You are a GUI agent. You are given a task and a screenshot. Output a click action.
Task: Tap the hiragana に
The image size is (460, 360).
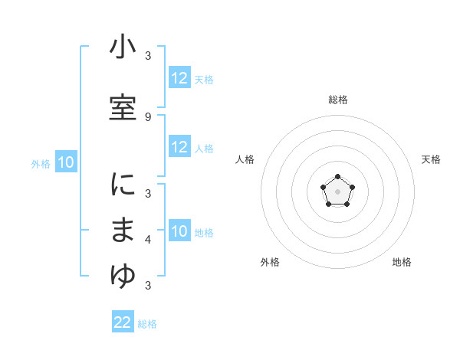[123, 185]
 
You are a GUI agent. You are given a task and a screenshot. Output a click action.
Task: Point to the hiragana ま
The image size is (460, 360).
[123, 231]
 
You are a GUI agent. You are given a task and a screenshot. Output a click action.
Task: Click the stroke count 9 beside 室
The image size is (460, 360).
[147, 116]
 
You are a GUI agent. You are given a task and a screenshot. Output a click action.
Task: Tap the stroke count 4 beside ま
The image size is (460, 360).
[147, 241]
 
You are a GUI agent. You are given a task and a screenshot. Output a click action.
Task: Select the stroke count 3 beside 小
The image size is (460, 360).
[147, 56]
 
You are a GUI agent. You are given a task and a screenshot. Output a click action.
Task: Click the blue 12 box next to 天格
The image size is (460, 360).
[179, 78]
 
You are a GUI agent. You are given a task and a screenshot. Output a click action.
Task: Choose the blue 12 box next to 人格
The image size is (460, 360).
[179, 147]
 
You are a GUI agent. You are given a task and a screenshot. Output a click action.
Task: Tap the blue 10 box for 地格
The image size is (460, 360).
[179, 231]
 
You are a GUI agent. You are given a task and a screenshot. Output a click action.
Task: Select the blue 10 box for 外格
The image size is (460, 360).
[66, 162]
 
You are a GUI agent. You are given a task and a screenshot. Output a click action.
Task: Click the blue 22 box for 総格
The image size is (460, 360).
[123, 322]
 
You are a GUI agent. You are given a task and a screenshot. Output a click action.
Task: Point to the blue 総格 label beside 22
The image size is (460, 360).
[148, 324]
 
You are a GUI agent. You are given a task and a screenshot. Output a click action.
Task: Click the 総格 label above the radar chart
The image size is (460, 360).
[337, 100]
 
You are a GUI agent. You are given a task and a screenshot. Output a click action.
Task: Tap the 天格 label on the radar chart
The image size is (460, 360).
[431, 159]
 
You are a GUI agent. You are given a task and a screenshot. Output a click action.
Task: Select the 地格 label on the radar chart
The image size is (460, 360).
[402, 262]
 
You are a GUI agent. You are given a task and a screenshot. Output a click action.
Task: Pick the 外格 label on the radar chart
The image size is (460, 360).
[270, 262]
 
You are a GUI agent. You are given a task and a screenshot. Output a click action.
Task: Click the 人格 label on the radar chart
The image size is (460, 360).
[245, 159]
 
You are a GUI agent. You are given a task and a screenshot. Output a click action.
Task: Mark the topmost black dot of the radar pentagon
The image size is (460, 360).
[337, 177]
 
